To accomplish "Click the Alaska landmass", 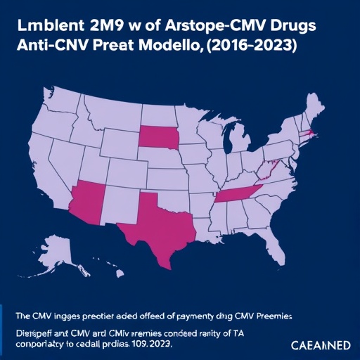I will pos(49,253).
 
